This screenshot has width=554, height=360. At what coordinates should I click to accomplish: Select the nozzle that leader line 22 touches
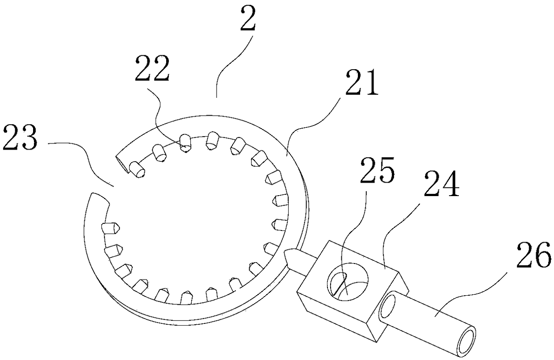tap(185, 144)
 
